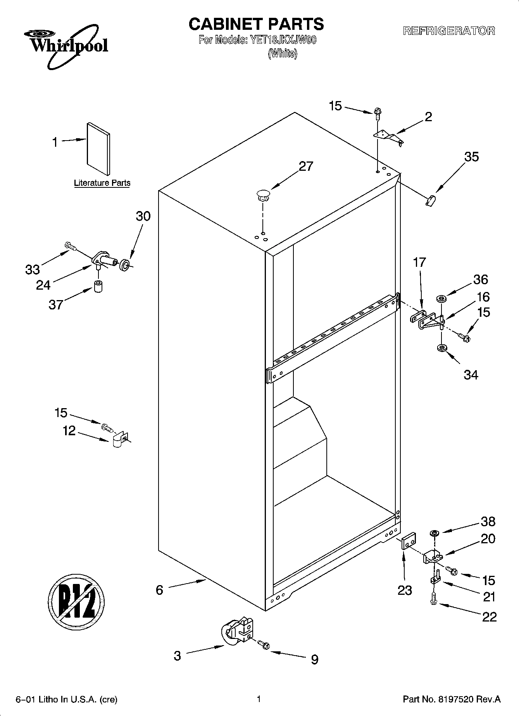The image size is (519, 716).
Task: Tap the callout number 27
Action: pyautogui.click(x=306, y=166)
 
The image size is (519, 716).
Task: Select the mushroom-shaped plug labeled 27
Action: pyautogui.click(x=263, y=195)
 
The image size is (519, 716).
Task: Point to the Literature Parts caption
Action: pyautogui.click(x=102, y=183)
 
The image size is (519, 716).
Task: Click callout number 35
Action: pyautogui.click(x=471, y=157)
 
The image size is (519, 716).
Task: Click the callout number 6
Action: pyautogui.click(x=159, y=590)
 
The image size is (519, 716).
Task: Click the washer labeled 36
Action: pyautogui.click(x=441, y=299)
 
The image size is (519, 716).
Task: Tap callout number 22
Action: pyautogui.click(x=489, y=616)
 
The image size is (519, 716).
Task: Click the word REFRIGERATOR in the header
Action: pyautogui.click(x=449, y=31)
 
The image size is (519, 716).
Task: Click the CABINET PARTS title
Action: pyautogui.click(x=256, y=24)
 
